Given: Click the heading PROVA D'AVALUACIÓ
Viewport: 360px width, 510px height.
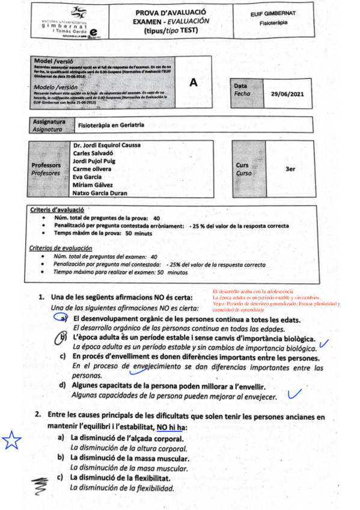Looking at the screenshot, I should click(171, 12).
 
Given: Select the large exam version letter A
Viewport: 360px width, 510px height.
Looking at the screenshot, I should click(194, 84).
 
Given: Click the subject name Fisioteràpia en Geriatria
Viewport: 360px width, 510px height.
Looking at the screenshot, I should click(111, 126).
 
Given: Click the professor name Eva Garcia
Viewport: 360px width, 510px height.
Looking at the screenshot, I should click(87, 177).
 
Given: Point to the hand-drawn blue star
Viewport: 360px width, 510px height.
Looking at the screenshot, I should click(11, 441).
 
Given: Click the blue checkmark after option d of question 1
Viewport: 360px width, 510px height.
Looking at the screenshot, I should click(294, 395).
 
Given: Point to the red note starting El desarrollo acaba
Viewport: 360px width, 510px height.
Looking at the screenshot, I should click(249, 290).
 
